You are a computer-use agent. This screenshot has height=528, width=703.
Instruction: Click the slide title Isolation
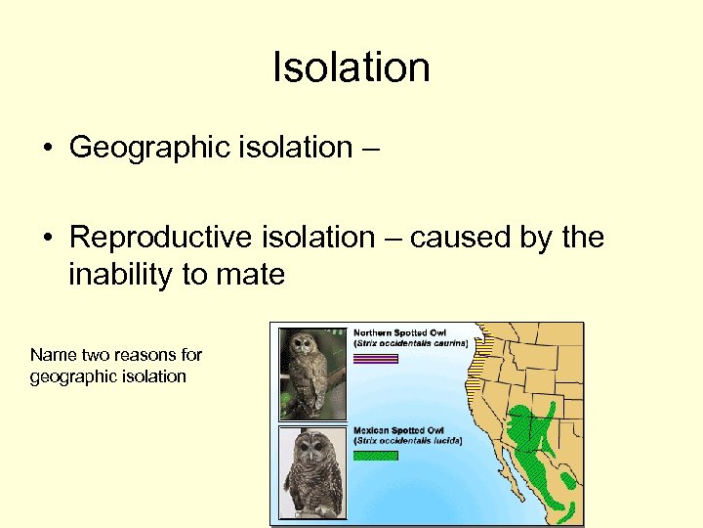point(351,68)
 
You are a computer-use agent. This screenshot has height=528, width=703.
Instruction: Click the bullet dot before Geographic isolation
point(47,150)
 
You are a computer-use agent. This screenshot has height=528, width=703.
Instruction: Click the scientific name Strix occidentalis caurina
point(411,343)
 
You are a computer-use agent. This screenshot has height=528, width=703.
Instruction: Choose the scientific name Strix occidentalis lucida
point(408,441)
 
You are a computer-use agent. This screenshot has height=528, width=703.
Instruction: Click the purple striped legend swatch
point(376,359)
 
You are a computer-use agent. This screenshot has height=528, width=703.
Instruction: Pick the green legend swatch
point(376,456)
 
